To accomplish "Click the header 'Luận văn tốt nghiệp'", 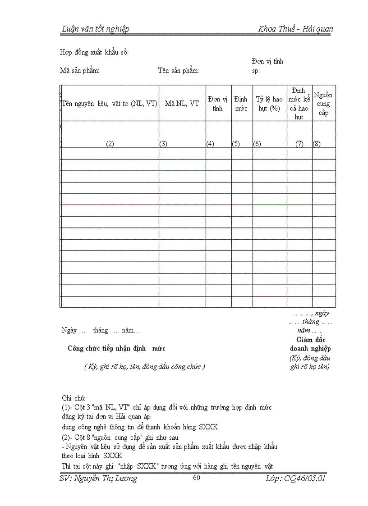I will tap(95, 29).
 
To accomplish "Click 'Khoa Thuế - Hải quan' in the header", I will tap(296, 29).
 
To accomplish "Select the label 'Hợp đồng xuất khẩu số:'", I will tap(94, 52).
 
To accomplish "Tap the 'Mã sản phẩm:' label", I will tap(80, 70).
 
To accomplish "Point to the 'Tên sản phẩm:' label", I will tap(179, 70).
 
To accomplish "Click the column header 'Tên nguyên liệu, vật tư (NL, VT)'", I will tap(110, 104).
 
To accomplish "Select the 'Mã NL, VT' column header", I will tap(182, 104).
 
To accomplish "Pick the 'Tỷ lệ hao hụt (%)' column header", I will tap(269, 104).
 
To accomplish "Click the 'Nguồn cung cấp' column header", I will tap(323, 104).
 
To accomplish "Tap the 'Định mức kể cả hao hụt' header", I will tap(299, 104).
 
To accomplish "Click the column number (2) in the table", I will tap(110, 144).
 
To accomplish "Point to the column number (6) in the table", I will tap(257, 144).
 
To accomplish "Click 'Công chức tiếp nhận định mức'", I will tap(116, 348).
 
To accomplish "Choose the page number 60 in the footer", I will tap(196, 478).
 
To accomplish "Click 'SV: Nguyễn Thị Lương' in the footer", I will tap(98, 479).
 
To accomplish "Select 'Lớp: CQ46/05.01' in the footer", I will tap(295, 479).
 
